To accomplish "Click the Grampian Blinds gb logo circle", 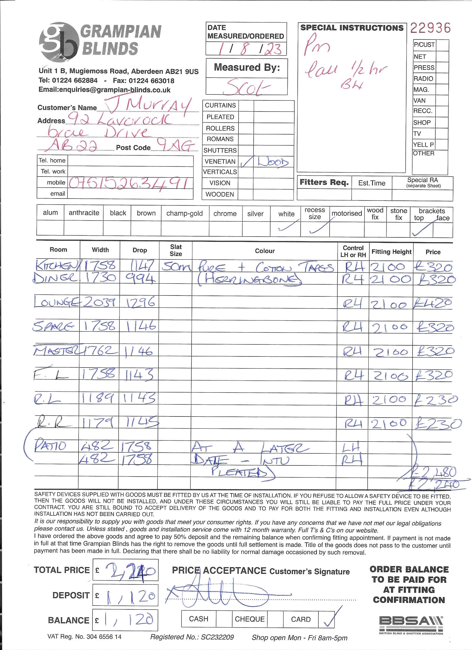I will pos(59,42).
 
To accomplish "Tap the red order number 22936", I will pos(430,28).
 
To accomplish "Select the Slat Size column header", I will pos(175,250).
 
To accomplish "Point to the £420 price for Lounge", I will pos(433,303).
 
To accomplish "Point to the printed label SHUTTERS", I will pos(220,150).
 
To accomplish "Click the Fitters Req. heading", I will pos(324,182).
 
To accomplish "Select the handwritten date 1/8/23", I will pos(246,49).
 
